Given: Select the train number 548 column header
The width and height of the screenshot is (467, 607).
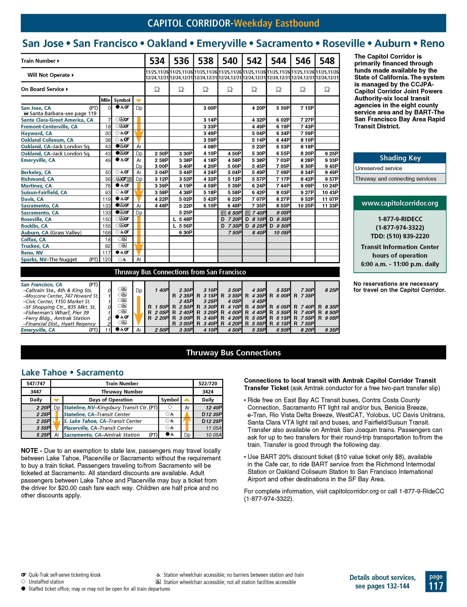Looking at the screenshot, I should (x=327, y=61).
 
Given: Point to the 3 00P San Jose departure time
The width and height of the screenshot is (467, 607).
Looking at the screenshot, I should (x=210, y=108).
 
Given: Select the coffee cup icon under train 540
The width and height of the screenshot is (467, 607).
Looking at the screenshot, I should (x=230, y=89).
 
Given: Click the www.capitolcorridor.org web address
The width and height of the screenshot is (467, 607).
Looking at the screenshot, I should (x=400, y=203).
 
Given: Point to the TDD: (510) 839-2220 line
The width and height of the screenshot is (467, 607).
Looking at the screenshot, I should (x=400, y=236).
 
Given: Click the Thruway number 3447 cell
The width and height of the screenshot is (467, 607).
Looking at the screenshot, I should (x=36, y=392).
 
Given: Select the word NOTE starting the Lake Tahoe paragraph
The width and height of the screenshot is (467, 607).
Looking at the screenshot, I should (x=29, y=451).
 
